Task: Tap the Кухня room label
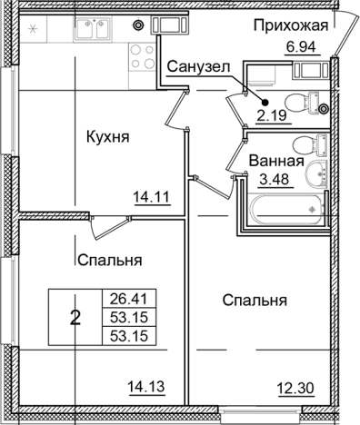coord(106,138)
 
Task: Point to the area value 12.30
coord(296,391)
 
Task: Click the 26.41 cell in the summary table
coord(129,296)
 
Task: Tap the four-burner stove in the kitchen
coord(141,58)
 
